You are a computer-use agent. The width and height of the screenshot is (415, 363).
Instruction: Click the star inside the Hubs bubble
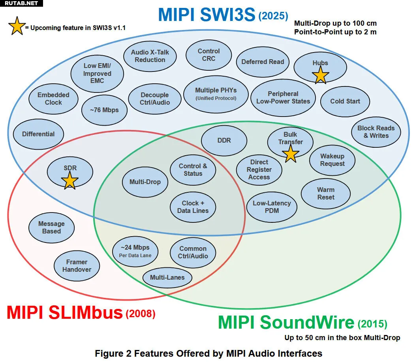coord(320,75)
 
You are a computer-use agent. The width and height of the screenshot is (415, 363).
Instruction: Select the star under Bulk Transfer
coord(291,154)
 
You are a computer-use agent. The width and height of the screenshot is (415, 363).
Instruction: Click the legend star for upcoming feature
coord(16,26)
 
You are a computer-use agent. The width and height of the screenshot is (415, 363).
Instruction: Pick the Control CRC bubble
coord(209,55)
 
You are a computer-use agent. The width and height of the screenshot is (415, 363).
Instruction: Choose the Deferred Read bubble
coord(263,62)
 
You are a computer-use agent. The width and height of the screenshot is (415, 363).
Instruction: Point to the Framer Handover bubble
coord(77,265)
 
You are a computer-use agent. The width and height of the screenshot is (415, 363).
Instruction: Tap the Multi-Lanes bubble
coord(167,277)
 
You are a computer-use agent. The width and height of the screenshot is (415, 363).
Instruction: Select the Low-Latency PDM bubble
coord(272,207)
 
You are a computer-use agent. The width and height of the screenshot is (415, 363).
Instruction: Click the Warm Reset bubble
coord(326,194)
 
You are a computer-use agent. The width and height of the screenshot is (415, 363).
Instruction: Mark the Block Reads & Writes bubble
coord(376,132)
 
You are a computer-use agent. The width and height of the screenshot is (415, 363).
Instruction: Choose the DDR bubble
coord(224,141)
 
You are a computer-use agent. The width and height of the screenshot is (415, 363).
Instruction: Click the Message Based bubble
coord(51,228)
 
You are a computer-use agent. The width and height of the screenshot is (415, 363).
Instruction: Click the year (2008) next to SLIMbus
coord(140,314)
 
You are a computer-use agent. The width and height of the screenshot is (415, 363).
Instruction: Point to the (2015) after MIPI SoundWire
coord(372,324)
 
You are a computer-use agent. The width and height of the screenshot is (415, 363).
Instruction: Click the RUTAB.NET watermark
coord(21,3)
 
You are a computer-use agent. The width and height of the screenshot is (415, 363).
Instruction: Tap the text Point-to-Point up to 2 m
coord(335,32)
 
